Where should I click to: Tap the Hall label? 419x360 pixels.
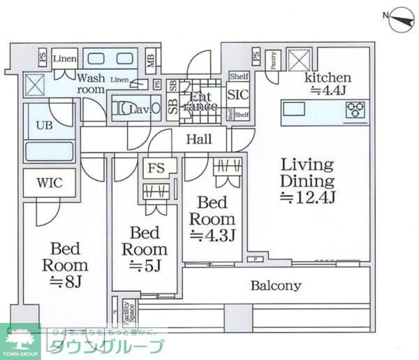point(199,139)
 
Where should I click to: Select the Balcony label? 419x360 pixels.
point(276,285)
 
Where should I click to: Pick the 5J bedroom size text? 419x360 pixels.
point(145,266)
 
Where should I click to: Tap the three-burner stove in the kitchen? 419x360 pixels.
point(356,110)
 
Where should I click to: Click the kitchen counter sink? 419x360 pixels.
point(292,109)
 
